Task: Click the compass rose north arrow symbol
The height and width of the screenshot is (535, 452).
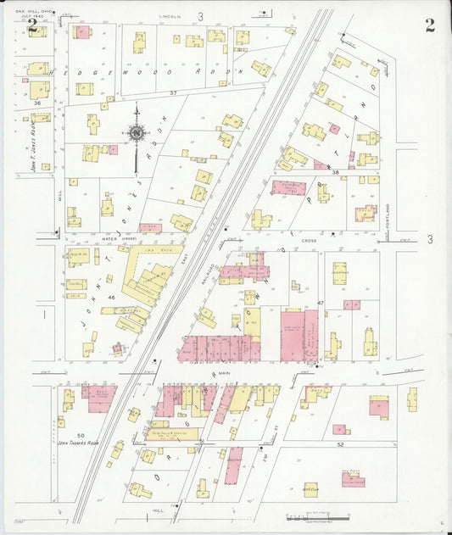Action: (136, 132)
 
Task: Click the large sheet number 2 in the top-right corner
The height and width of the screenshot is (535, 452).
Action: (430, 25)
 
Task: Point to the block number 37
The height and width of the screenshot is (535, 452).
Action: (172, 92)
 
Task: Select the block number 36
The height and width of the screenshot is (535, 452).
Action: (36, 103)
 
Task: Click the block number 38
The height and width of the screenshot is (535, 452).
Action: (335, 172)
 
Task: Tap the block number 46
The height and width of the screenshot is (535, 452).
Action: (111, 298)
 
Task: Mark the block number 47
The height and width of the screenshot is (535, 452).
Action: (321, 303)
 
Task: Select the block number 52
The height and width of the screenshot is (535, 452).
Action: (339, 444)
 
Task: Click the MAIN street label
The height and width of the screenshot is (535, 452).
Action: (224, 371)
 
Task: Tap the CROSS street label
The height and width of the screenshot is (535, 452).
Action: (308, 241)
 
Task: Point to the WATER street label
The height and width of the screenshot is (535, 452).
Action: (109, 239)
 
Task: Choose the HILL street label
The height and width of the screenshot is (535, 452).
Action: (157, 511)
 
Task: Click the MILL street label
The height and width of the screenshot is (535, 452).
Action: (60, 195)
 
